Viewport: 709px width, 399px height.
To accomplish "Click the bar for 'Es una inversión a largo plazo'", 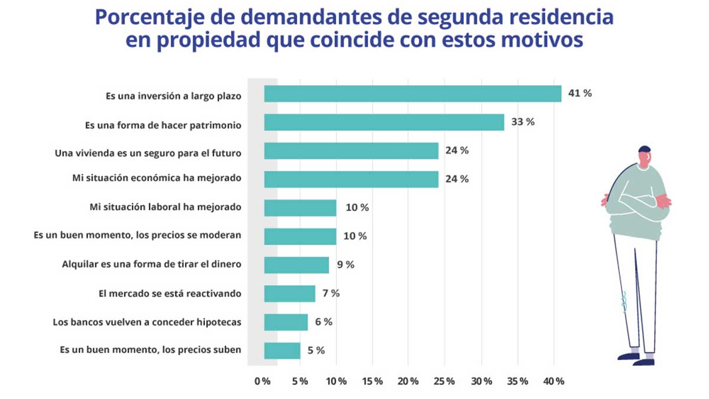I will click(412, 94).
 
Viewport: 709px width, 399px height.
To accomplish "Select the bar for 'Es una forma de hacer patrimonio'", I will click(383, 122).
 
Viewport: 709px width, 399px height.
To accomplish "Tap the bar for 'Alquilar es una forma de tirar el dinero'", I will click(296, 265).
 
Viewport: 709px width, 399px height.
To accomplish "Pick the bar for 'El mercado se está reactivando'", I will click(290, 293).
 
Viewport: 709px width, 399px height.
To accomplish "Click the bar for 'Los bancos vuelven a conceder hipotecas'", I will click(286, 322).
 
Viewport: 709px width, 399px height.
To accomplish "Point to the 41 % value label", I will click(580, 94).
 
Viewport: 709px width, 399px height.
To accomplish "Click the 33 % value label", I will click(522, 122).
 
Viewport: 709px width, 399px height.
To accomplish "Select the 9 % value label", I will click(345, 265).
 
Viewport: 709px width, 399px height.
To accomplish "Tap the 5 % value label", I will click(316, 351).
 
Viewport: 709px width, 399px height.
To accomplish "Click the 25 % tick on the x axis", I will click(446, 381).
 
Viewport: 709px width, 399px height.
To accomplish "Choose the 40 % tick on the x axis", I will click(552, 381).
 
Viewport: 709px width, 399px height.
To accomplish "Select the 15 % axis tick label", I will click(372, 381).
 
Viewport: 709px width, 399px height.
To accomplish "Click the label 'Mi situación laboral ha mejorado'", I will click(165, 207).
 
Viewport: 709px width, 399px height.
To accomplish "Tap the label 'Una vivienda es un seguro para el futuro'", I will click(148, 151).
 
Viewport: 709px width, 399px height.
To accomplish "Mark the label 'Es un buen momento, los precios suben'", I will click(151, 350).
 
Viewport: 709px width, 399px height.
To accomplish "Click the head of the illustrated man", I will click(644, 156).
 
